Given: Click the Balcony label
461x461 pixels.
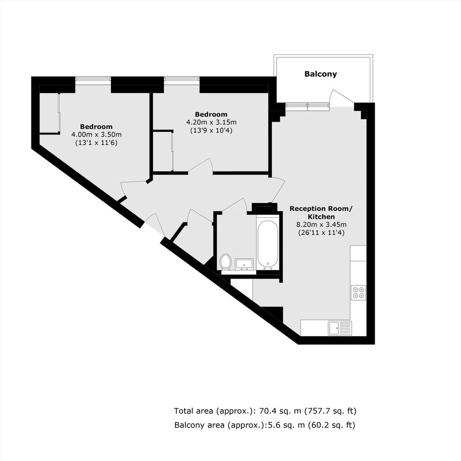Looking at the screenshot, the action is [320, 74].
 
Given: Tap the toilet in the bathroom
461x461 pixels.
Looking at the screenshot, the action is [226, 261].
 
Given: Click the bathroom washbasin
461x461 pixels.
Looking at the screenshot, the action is [244, 264].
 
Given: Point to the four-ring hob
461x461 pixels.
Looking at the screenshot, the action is [359, 292].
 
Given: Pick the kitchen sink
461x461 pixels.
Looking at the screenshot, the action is [340, 328].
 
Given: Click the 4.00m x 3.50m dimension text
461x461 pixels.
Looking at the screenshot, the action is [97, 135].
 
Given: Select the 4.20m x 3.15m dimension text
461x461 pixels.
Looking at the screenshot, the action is [211, 122].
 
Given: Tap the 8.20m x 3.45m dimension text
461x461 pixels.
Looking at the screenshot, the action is [321, 225].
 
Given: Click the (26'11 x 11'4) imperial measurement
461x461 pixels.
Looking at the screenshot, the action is [321, 233].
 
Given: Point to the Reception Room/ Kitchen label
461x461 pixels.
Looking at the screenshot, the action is [321, 212].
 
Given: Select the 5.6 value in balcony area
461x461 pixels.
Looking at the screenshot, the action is [272, 425].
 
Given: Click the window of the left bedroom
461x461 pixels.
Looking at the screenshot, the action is [93, 79].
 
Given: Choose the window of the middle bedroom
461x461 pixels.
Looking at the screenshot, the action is [181, 79].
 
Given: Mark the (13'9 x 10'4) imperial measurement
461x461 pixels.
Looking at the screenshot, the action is [211, 130].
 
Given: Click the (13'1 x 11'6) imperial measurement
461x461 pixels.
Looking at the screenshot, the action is [97, 143].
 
